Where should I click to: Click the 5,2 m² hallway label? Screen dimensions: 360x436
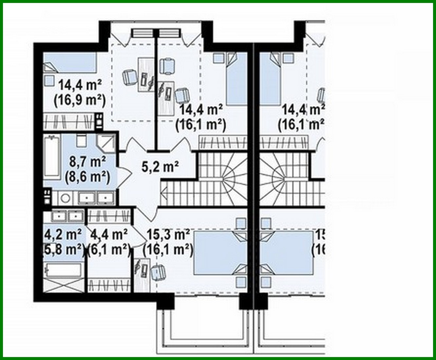160,168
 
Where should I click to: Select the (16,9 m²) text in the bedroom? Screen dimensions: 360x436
79,100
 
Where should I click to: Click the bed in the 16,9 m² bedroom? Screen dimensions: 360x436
70,62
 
